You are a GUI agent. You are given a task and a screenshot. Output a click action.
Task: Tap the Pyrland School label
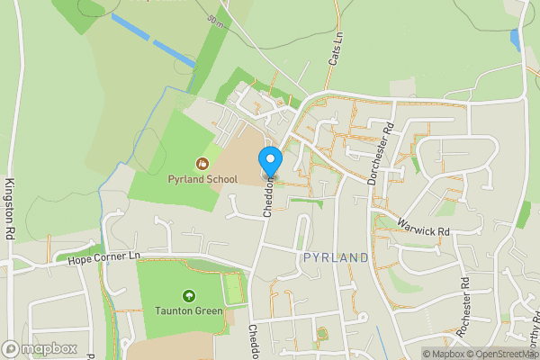(202, 179)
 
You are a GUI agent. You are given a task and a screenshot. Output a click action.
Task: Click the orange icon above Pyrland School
(202, 164)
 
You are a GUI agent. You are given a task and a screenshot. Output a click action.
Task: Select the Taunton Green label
(189, 310)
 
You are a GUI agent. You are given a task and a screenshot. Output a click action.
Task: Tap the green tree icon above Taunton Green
(189, 295)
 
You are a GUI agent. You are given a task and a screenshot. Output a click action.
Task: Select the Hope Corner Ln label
(106, 259)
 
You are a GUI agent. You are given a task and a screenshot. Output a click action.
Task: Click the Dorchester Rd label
(381, 154)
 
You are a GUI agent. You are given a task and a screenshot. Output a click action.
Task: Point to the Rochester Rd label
(464, 306)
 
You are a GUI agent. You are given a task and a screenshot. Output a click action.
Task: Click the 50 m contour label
(215, 20)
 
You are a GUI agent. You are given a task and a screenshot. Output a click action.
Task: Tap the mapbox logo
(40, 348)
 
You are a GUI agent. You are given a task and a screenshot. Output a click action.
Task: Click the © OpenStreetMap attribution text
(499, 354)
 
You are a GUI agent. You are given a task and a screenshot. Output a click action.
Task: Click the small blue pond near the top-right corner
(515, 40)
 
